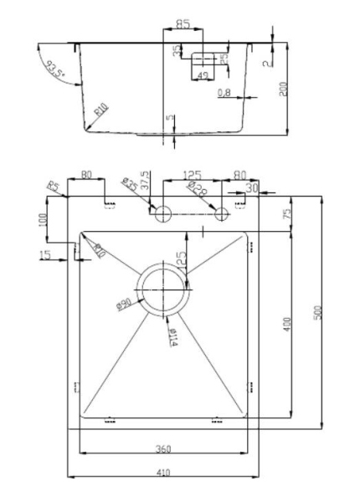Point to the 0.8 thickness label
click(224, 92)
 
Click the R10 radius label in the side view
click(100, 109)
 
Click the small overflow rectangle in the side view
click(202, 59)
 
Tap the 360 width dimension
click(163, 448)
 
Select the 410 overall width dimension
click(163, 473)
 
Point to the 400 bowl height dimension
click(286, 325)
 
